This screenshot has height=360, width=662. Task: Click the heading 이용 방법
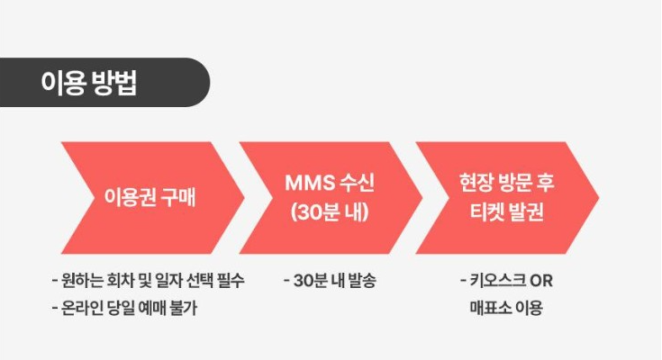pos(89,82)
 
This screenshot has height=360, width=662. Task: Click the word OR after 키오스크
pos(541,280)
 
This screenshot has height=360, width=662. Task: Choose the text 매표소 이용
pos(505,309)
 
